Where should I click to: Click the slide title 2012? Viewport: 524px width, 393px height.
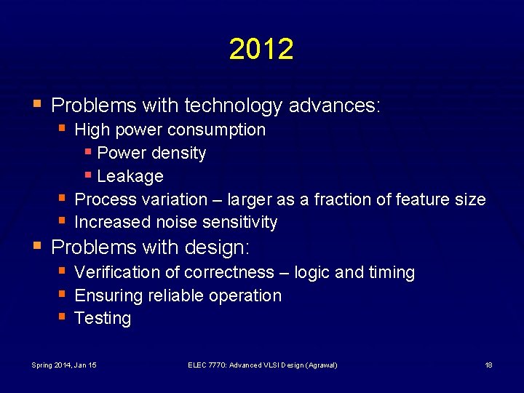point(261,49)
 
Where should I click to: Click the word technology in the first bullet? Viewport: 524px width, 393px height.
point(233,106)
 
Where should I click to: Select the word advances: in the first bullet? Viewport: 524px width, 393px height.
point(335,106)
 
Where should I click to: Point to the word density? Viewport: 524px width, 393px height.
point(178,154)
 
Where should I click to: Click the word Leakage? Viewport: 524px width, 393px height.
point(130,177)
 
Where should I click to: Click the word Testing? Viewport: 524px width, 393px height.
point(103,318)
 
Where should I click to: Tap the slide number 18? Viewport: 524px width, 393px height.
point(488,365)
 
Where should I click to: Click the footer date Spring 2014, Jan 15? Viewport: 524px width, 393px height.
point(65,365)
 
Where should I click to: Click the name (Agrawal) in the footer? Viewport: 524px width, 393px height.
point(320,365)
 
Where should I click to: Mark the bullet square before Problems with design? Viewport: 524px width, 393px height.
point(39,246)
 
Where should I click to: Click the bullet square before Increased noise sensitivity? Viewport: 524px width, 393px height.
point(63,221)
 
